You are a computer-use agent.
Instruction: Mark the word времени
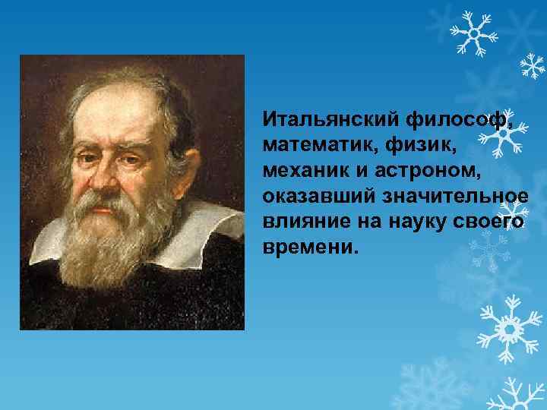[308, 248]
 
